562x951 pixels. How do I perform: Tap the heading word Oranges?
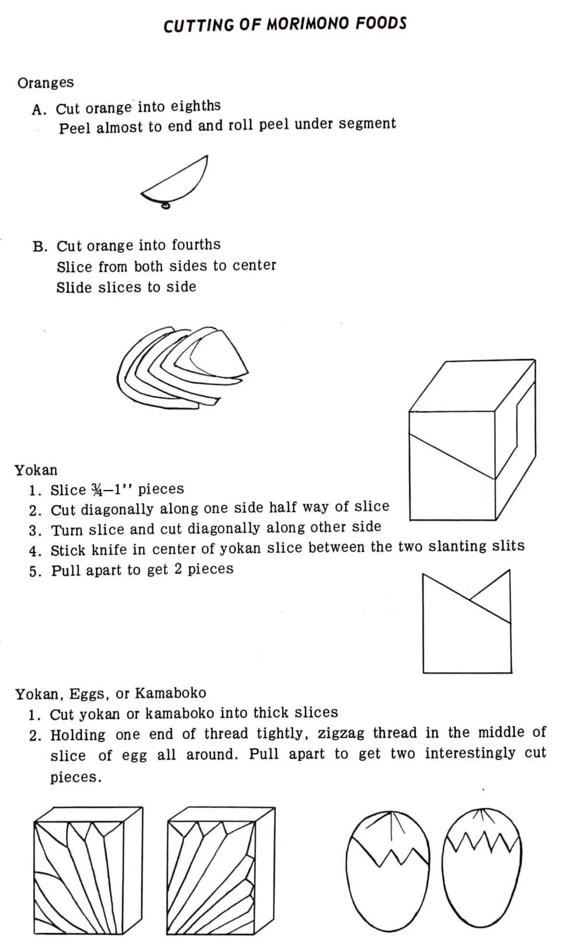(46, 83)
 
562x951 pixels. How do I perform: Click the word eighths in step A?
(195, 106)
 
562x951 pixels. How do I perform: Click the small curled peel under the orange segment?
(166, 204)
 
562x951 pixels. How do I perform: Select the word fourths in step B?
(196, 245)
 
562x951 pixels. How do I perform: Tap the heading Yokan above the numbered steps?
(36, 470)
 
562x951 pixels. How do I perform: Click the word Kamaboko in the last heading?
(171, 693)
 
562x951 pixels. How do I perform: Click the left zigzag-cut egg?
(387, 870)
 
